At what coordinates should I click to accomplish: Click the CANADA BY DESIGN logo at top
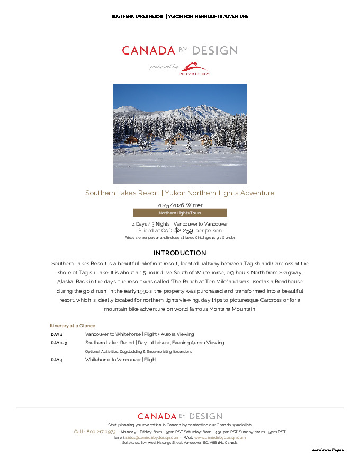[179, 51]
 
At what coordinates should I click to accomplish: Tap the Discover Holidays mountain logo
[196, 69]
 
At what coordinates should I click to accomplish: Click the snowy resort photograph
[179, 133]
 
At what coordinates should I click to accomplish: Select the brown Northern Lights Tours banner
[179, 213]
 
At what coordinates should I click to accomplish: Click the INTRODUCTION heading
[179, 253]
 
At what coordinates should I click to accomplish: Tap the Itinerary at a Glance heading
[73, 326]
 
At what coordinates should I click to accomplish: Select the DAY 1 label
[57, 335]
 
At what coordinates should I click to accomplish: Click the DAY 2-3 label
[59, 343]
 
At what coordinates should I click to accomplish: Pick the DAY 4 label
[57, 360]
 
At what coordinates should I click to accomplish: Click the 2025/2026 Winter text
[179, 205]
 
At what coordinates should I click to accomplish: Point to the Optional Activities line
[139, 352]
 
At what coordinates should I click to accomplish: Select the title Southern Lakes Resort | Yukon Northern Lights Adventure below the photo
[179, 193]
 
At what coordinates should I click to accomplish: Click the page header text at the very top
[179, 16]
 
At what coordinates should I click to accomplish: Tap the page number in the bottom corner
[328, 450]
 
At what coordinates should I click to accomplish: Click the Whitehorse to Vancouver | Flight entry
[121, 360]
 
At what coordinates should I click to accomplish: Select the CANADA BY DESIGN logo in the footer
[179, 416]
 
